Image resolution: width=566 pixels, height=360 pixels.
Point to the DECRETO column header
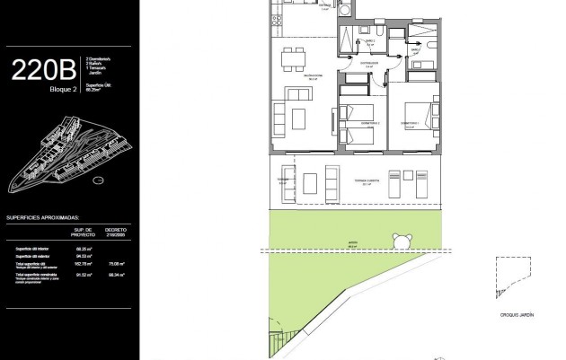click(x=116, y=232)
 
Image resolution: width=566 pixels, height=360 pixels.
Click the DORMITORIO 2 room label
click(x=358, y=122)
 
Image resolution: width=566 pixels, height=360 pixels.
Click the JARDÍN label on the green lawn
click(x=354, y=241)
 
